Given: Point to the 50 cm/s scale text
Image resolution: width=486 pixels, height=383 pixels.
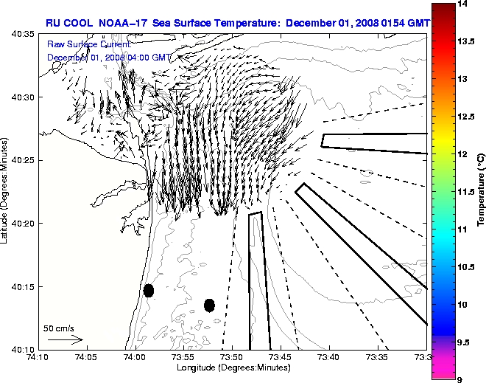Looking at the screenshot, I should (x=58, y=328).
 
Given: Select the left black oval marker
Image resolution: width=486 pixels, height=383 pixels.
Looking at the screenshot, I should (x=149, y=290).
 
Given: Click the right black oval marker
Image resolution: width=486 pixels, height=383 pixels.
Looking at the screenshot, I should (x=209, y=305).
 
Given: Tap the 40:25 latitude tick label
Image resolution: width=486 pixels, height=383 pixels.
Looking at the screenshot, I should (x=24, y=160).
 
